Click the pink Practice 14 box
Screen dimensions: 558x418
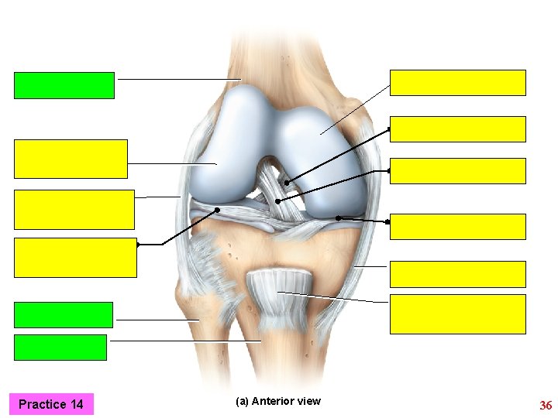point(51,404)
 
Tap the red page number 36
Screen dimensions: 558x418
point(545,406)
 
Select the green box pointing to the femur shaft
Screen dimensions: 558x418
point(64,85)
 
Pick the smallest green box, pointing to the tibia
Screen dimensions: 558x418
point(60,348)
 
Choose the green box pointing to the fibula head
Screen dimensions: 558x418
point(64,315)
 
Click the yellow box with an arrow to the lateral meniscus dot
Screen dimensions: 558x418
point(75,257)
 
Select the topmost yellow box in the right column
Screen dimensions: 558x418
point(457,82)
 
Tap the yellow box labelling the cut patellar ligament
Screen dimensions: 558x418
point(457,313)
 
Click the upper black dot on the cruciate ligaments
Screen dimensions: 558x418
point(286,183)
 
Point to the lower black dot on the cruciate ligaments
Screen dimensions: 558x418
point(278,201)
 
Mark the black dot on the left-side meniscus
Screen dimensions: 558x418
point(218,210)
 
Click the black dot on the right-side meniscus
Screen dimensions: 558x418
point(338,218)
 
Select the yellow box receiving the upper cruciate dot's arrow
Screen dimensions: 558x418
point(457,129)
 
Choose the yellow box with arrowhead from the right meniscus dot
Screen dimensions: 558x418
point(457,226)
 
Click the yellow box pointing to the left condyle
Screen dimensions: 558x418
point(71,159)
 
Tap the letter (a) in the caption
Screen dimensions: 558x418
point(241,401)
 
